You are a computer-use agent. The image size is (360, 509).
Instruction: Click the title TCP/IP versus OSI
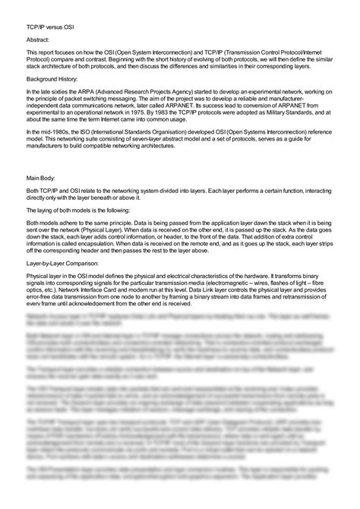41,23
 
